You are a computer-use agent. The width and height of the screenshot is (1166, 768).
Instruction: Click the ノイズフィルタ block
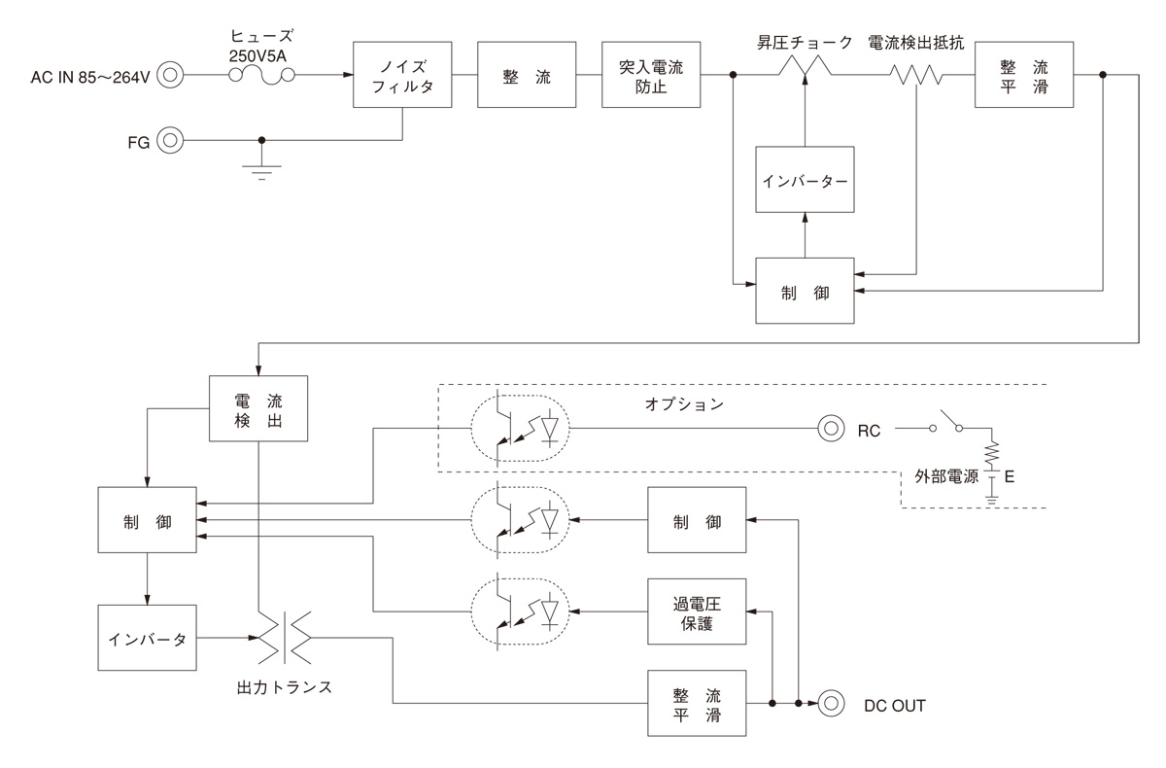pos(403,75)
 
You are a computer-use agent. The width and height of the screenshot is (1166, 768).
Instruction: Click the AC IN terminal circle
pos(170,75)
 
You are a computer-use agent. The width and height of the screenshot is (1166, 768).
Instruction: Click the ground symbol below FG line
pos(260,172)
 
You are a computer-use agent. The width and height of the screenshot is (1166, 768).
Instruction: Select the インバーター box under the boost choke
pos(805,180)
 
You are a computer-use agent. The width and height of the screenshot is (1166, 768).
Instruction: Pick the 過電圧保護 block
pos(698,611)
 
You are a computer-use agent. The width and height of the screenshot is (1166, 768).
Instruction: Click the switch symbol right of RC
pos(948,426)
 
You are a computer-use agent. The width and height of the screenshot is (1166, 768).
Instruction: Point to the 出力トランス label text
pos(285,686)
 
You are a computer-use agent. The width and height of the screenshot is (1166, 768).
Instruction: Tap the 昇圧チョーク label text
pos(806,43)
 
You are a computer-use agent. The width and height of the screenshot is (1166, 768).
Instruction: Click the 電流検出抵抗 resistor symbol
pos(917,75)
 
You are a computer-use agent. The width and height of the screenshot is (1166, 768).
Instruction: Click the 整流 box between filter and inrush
pos(527,75)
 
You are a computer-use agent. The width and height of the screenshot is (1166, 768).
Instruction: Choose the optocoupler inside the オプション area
pos(520,428)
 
